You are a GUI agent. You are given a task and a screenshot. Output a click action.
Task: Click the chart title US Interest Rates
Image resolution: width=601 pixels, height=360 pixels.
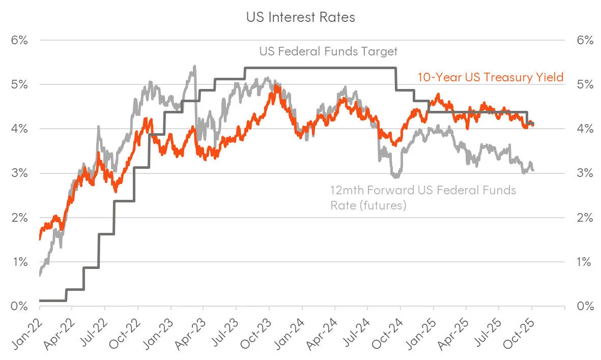(300, 17)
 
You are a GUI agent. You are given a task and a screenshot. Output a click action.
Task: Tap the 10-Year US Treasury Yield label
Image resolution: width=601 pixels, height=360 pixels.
(490, 77)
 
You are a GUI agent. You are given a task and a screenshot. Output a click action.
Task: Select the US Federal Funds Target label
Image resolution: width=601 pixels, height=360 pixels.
(328, 51)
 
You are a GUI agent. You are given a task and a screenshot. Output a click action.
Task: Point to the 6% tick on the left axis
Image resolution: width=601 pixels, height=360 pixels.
(19, 40)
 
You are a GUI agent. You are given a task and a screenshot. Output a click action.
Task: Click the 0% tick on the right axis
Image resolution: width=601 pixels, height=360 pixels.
(585, 307)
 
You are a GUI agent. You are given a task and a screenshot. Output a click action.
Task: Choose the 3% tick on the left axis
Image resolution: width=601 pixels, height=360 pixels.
(19, 173)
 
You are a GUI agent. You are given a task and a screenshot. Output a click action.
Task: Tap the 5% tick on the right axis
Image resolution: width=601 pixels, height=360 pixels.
(585, 84)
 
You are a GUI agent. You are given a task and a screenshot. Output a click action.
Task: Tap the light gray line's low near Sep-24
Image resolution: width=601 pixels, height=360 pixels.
(396, 176)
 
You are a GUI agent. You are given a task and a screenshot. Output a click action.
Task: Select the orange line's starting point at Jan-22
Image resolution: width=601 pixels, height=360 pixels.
(40, 238)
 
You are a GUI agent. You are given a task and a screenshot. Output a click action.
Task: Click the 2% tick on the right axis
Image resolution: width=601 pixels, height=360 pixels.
(585, 218)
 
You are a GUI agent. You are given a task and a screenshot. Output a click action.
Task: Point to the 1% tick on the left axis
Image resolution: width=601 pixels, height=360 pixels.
(19, 262)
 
